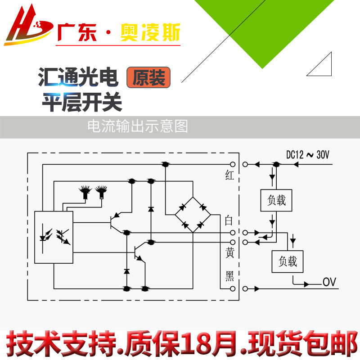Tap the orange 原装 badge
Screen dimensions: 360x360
[149, 77]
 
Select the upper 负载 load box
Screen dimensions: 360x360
[276, 200]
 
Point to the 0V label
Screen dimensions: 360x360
[329, 283]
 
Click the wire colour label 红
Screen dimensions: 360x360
[229, 176]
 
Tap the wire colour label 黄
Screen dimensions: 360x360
[229, 253]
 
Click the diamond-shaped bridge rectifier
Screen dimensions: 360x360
[193, 215]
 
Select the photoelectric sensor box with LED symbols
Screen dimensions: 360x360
[54, 237]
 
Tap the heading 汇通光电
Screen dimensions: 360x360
[78, 78]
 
